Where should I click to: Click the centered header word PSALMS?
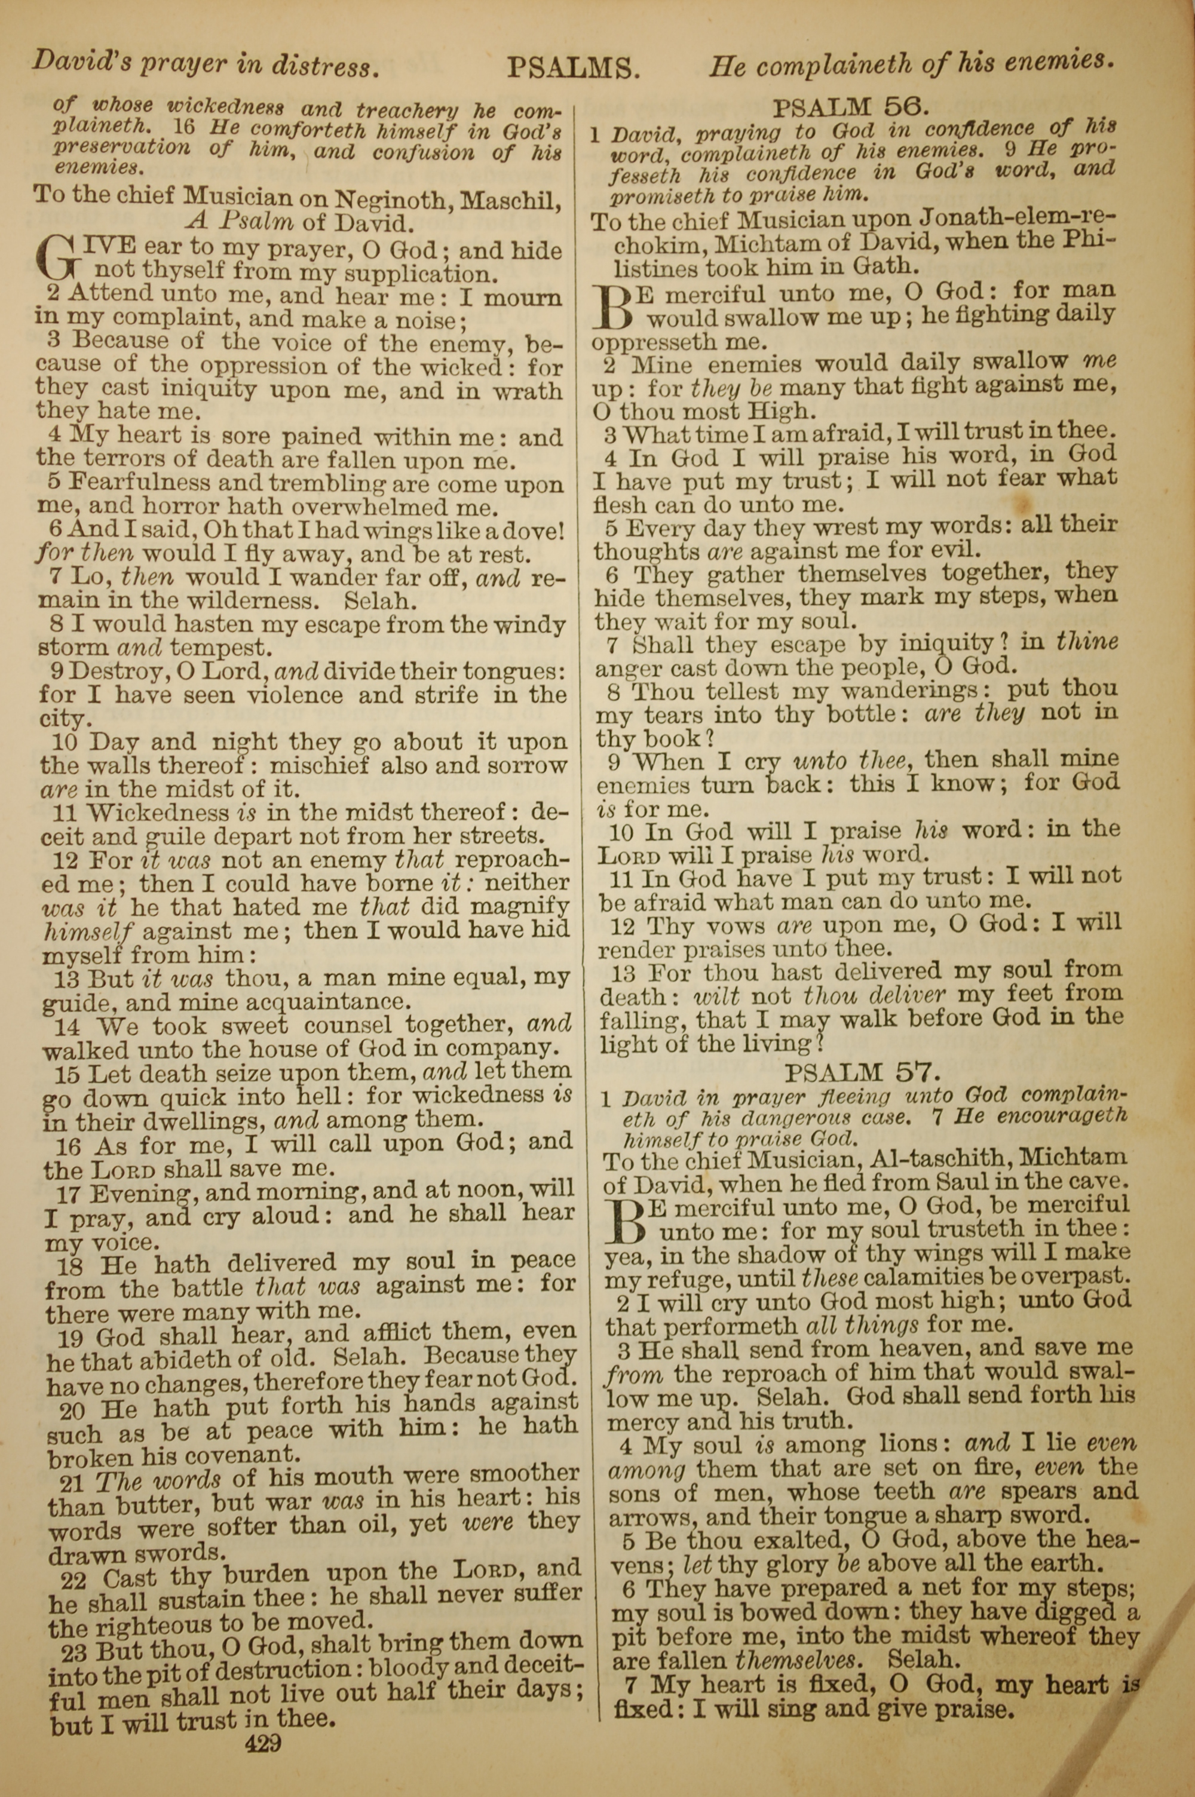click(x=573, y=69)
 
